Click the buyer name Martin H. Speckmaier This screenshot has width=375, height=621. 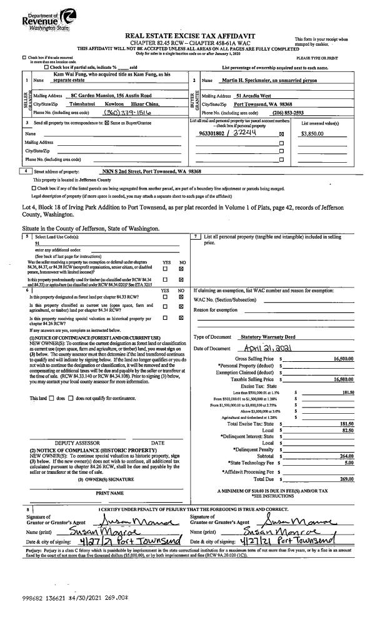[250, 81]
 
